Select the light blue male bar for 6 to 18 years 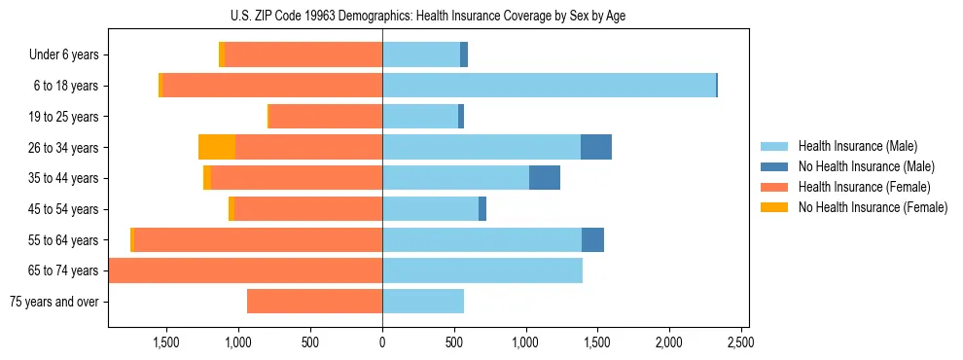(549, 86)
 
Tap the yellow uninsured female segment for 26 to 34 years (217, 147)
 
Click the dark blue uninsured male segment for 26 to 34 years (596, 147)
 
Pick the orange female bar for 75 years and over (314, 302)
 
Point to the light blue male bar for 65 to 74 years (482, 270)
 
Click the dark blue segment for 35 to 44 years (545, 178)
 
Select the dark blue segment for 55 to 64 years (592, 239)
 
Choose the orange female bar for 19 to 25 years (325, 117)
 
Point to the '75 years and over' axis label (53, 302)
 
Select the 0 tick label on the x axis (382, 342)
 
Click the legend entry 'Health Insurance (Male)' (857, 146)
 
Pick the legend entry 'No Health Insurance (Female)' (873, 207)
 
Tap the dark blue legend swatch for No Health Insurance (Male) (775, 166)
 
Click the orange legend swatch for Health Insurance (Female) (775, 187)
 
